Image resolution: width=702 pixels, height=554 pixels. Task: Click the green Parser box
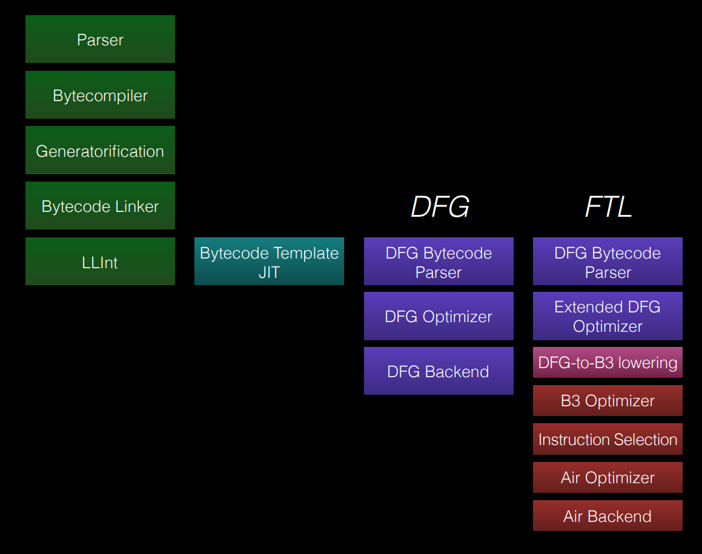click(x=100, y=39)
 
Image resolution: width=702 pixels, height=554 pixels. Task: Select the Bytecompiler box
click(x=100, y=95)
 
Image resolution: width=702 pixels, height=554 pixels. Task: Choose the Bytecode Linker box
click(x=100, y=206)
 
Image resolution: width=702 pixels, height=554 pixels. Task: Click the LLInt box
click(x=100, y=262)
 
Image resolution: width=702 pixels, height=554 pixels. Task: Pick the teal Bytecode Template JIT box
click(x=269, y=262)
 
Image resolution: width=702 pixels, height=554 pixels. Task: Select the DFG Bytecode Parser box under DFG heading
click(x=439, y=262)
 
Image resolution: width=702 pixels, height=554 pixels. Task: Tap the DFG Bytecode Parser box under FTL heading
click(x=608, y=262)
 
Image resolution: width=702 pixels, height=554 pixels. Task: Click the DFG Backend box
click(x=439, y=371)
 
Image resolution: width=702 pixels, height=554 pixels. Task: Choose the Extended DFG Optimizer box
click(x=608, y=316)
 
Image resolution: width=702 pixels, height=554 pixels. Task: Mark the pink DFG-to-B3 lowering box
click(x=608, y=363)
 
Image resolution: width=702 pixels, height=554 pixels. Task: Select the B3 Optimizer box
click(x=608, y=401)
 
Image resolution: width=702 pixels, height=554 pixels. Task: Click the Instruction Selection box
click(x=608, y=440)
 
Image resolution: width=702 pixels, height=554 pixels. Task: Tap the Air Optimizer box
click(x=608, y=478)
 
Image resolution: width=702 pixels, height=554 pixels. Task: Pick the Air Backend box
click(x=608, y=516)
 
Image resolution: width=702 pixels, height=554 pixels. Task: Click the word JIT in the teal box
click(x=269, y=272)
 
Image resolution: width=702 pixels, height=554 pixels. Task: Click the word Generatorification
click(x=100, y=151)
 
